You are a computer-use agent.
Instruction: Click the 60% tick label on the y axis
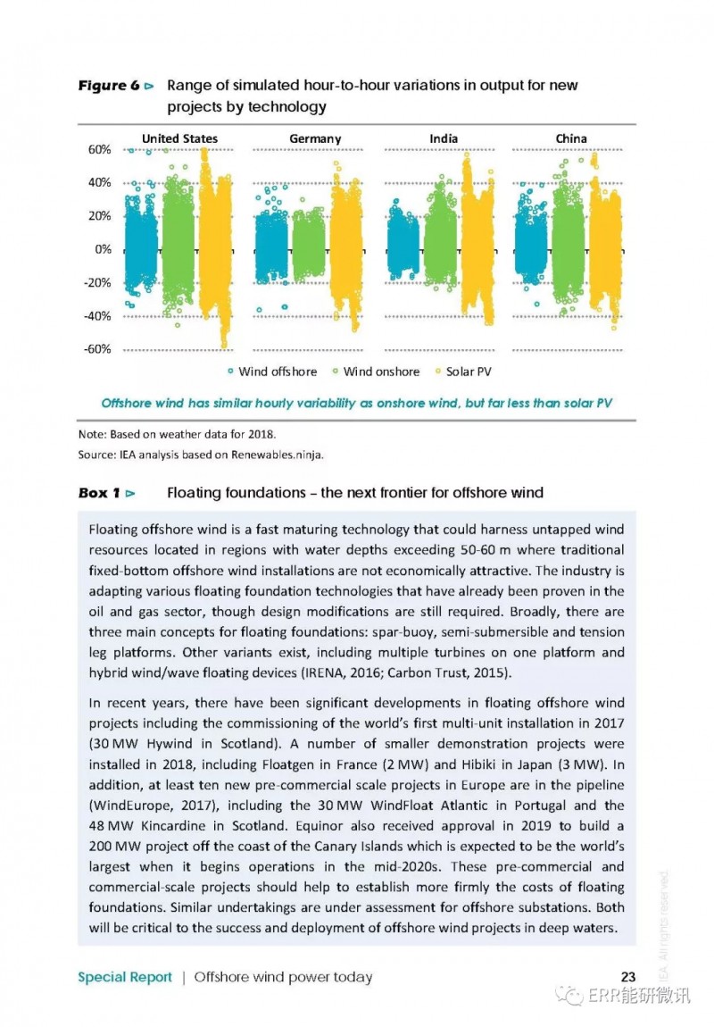tap(99, 149)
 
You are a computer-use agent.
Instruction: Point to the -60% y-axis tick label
tap(97, 349)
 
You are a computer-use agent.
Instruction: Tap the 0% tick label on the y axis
tap(104, 249)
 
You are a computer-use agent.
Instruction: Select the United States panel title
tap(180, 138)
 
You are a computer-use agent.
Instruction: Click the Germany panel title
tap(315, 138)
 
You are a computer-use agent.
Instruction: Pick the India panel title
tap(444, 138)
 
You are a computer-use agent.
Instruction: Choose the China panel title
tap(571, 138)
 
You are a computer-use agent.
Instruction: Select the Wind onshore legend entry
tap(377, 372)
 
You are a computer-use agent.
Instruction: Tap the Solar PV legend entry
tap(463, 372)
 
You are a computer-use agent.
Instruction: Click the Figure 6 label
tap(109, 86)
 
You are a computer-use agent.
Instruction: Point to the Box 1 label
tap(99, 493)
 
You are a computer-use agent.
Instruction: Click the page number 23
tap(628, 977)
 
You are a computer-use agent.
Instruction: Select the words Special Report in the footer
tap(125, 977)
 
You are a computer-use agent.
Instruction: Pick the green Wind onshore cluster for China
tap(568, 236)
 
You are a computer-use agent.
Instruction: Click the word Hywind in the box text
tap(170, 744)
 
